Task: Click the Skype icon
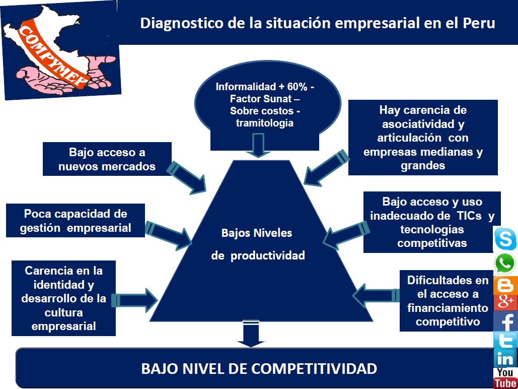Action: [x=505, y=239]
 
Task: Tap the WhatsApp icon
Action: [x=505, y=263]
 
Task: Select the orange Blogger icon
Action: [x=505, y=286]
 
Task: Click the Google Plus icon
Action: [x=505, y=302]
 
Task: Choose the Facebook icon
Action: [x=505, y=321]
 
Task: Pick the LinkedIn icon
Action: [x=505, y=358]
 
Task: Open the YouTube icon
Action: [x=505, y=378]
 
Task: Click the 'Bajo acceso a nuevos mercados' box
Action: [x=107, y=159]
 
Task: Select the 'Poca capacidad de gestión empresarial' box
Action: [x=76, y=221]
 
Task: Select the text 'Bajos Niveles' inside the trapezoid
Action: [x=256, y=233]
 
